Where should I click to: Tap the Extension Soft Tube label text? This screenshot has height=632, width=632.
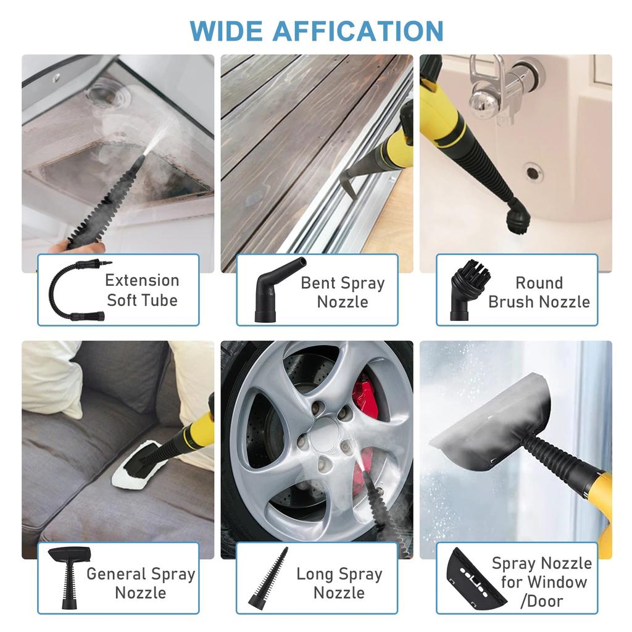[x=142, y=290]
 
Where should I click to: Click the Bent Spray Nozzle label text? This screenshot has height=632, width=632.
[x=343, y=293]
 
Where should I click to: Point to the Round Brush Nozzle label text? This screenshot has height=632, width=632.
[x=539, y=293]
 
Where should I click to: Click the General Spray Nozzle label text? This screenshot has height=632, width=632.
[x=141, y=583]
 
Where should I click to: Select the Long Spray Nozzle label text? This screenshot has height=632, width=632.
[x=339, y=583]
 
